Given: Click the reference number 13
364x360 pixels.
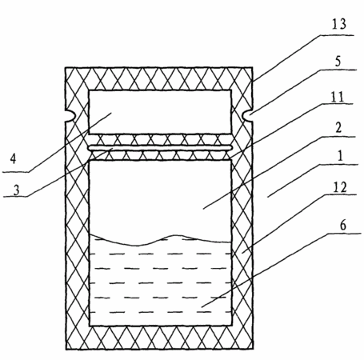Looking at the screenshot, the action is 339,24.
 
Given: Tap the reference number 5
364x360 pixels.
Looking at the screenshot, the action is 338,62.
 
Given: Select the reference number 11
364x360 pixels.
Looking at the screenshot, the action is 338,97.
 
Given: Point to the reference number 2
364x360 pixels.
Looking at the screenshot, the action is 338,128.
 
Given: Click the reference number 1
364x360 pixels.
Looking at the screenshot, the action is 340,156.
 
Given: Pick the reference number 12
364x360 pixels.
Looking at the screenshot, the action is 340,187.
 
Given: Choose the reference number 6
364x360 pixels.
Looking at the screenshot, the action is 343,226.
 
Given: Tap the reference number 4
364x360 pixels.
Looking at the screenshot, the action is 13,158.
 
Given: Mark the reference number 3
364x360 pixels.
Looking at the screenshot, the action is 17,190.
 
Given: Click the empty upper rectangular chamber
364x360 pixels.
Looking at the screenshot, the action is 160,112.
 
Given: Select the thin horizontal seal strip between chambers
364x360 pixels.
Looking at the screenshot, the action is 161,147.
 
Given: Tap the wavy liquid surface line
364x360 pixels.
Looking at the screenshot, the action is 160,240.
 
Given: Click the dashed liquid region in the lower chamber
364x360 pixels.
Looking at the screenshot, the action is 160,282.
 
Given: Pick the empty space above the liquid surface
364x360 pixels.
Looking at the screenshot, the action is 160,198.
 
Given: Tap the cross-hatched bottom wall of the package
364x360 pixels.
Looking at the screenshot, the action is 159,338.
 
